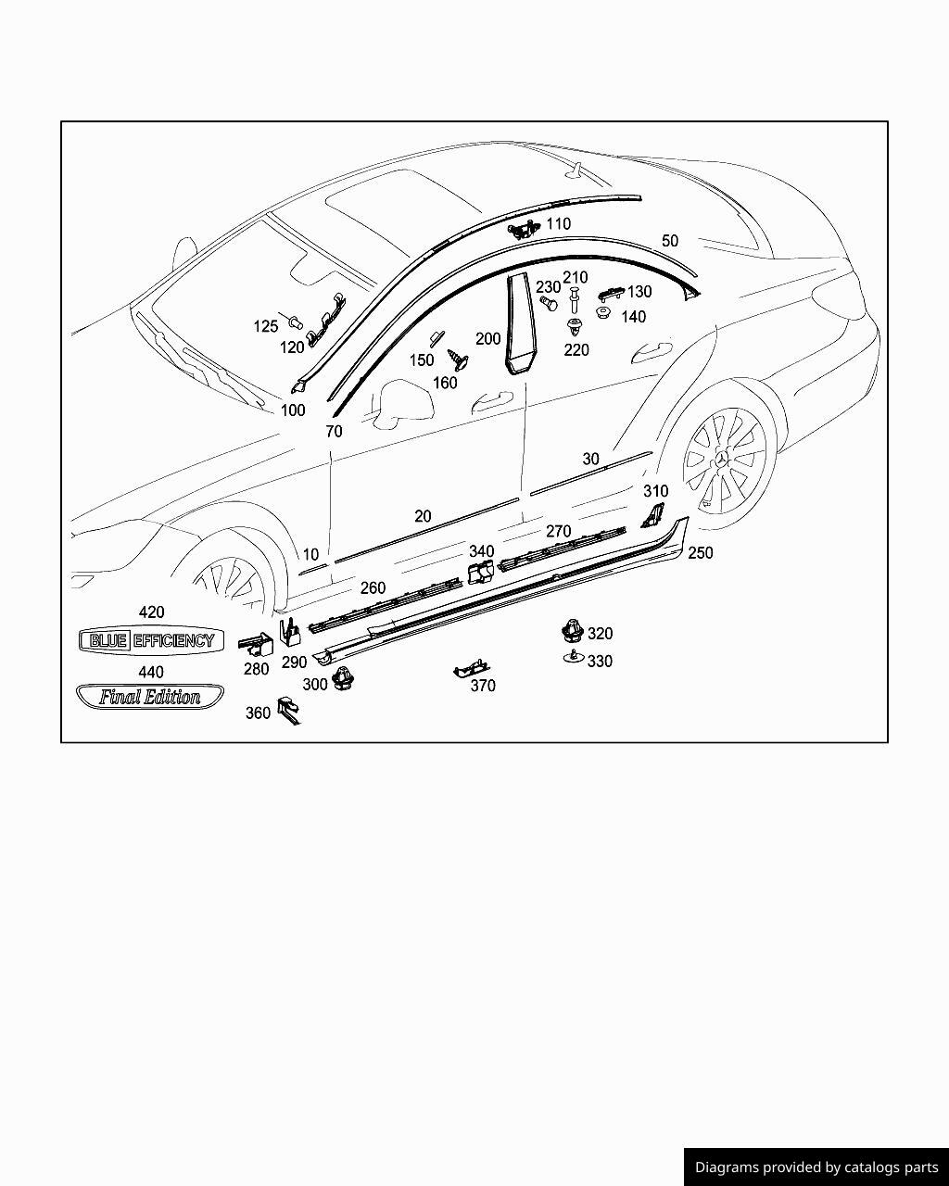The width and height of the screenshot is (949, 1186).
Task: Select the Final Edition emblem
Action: tap(149, 697)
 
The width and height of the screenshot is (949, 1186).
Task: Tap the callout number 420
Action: tap(151, 612)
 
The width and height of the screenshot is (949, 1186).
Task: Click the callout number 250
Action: tap(700, 552)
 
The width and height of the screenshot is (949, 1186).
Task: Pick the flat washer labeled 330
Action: tap(573, 658)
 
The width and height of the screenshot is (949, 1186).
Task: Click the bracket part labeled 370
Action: tap(472, 668)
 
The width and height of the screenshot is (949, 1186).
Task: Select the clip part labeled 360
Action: tap(288, 710)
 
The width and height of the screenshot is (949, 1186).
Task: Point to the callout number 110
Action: tap(558, 223)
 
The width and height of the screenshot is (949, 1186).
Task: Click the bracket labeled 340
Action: tap(479, 574)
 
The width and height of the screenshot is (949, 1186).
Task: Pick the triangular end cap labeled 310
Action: tap(653, 515)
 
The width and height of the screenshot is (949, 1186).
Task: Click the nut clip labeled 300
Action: tap(345, 680)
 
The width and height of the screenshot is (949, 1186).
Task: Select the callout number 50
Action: tap(669, 240)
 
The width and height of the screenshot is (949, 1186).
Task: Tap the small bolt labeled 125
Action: tap(295, 323)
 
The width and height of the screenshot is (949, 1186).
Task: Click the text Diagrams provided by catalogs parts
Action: tap(816, 1167)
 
